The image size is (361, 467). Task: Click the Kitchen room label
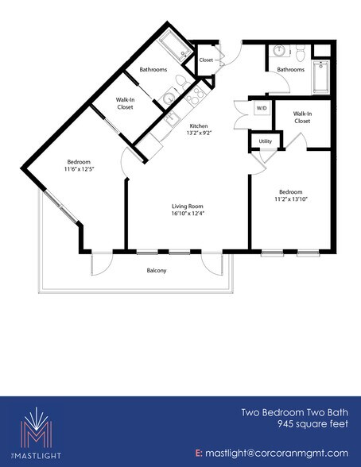(x=198, y=125)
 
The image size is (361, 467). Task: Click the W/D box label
(x=260, y=108)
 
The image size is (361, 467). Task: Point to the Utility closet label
(x=265, y=141)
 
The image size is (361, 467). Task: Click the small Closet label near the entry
(x=206, y=60)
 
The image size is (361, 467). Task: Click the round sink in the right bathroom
(x=279, y=52)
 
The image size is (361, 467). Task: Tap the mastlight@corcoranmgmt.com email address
(x=278, y=453)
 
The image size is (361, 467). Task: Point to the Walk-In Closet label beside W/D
(x=301, y=117)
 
